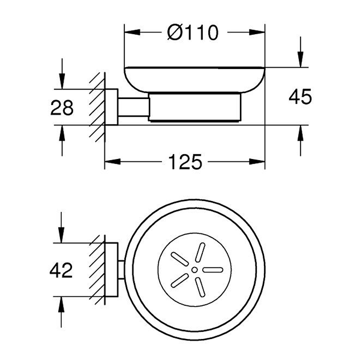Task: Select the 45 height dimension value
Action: (x=299, y=96)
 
